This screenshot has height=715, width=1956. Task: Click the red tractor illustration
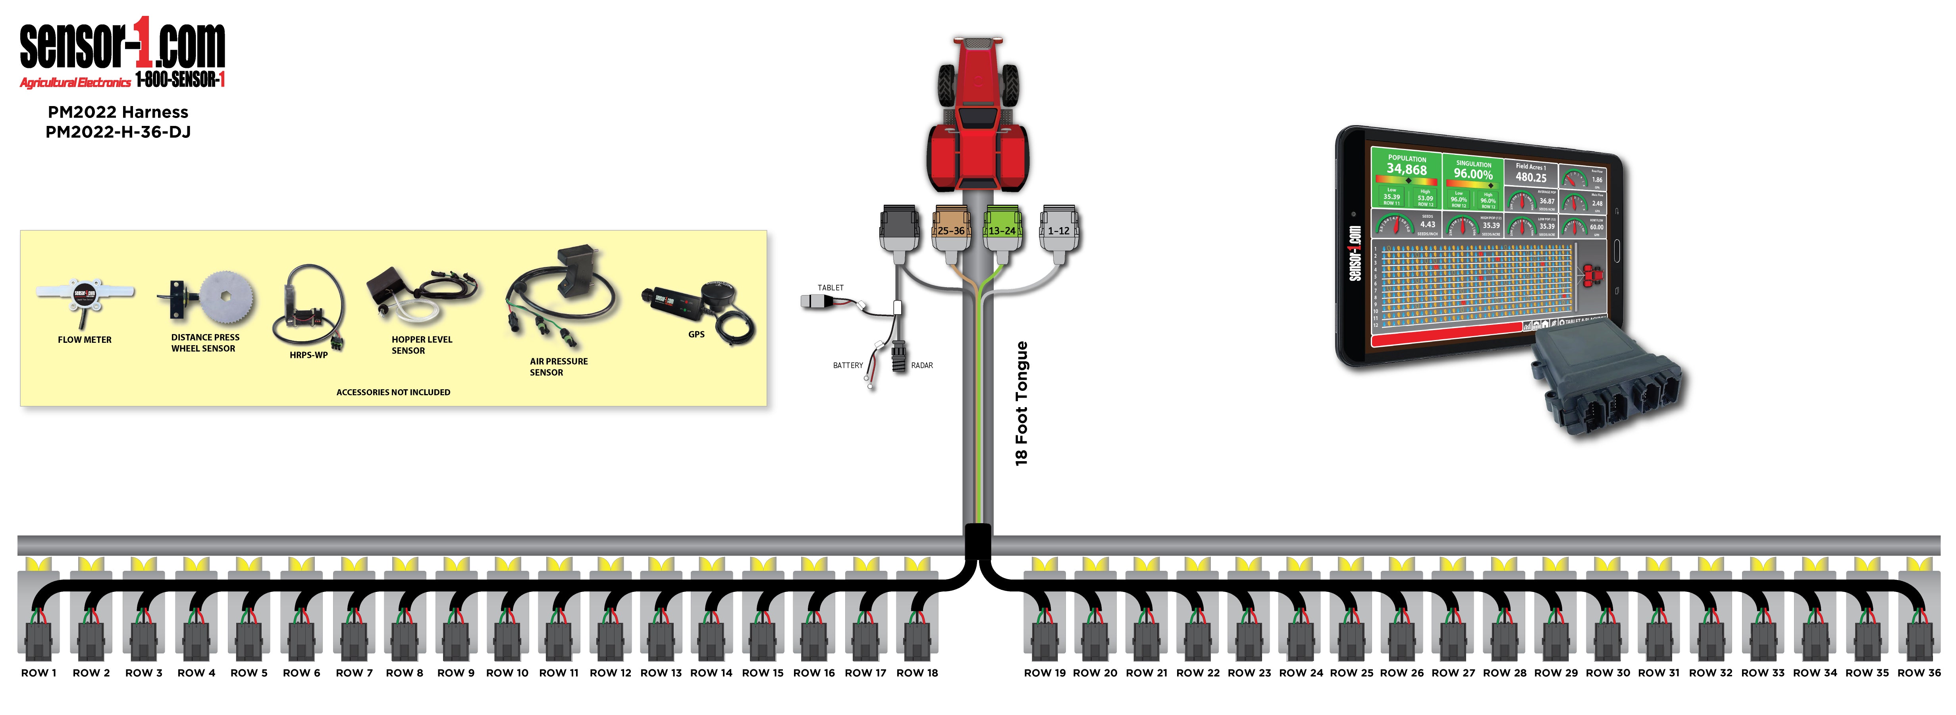coord(977,114)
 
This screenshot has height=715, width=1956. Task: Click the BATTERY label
coord(848,365)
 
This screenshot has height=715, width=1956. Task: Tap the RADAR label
coord(922,365)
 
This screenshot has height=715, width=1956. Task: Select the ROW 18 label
coord(917,672)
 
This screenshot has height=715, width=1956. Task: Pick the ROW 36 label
coord(1919,672)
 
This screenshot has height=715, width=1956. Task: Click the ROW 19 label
coord(1045,672)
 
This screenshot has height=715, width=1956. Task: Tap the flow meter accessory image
coord(84,296)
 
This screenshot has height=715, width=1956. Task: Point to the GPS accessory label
coord(696,334)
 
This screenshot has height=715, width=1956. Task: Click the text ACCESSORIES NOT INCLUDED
coord(393,392)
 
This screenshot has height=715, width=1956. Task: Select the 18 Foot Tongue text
coord(1021,403)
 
